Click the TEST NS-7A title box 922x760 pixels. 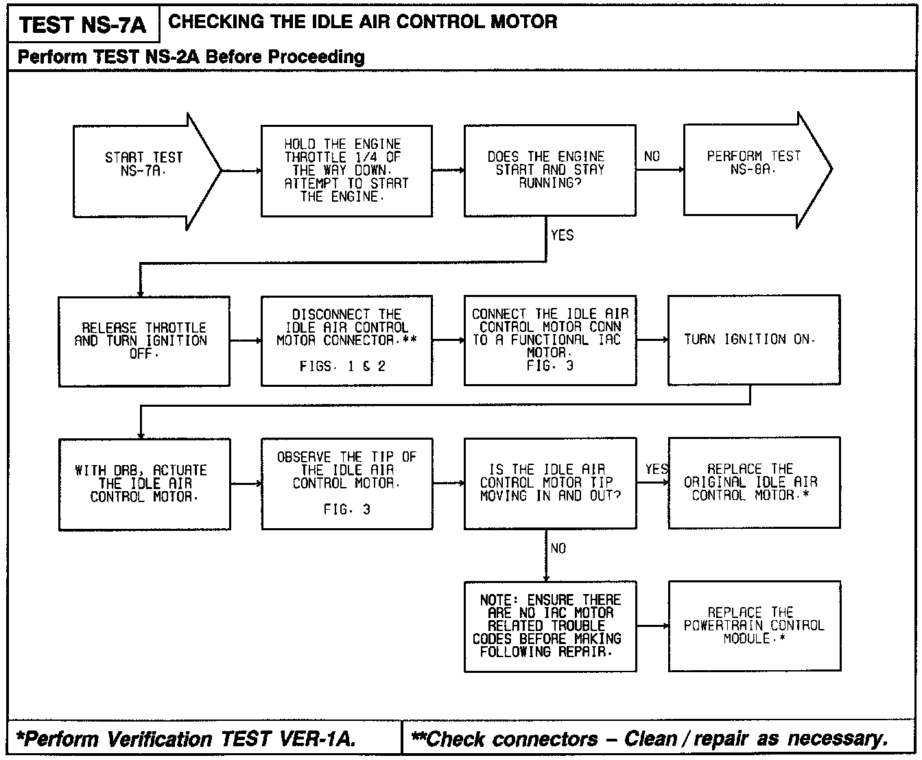(x=82, y=25)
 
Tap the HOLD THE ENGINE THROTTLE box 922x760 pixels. (x=346, y=171)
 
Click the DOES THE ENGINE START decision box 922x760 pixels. (x=549, y=170)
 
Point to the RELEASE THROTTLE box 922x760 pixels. (x=143, y=341)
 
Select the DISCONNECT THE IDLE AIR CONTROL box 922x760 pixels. (x=346, y=340)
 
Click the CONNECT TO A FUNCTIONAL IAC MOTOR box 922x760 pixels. (x=549, y=340)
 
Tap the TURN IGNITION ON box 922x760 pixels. (x=753, y=340)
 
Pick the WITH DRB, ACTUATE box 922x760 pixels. (x=144, y=484)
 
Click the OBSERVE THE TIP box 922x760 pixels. (x=346, y=484)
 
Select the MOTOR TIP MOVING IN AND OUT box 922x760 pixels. (x=549, y=483)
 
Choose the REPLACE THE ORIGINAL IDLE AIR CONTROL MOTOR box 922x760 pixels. (x=753, y=482)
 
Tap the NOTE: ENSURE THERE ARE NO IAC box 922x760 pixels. (x=549, y=626)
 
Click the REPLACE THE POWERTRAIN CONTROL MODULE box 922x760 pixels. (x=753, y=626)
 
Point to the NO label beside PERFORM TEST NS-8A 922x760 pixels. (x=652, y=156)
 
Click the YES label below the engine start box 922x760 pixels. (x=562, y=235)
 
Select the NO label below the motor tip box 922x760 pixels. (x=558, y=549)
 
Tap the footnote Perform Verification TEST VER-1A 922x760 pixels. (x=185, y=739)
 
